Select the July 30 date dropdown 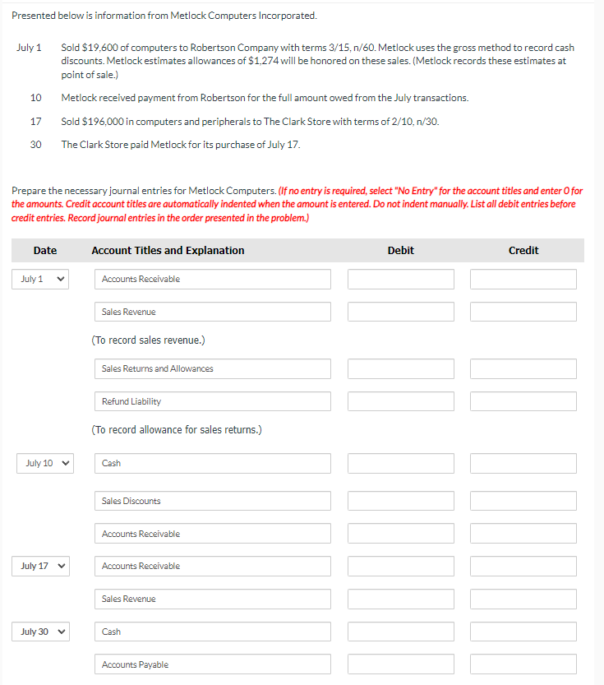[x=44, y=632]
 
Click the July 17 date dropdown [x=44, y=567]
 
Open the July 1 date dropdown [x=40, y=280]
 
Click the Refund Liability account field [x=212, y=401]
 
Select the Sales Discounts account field [x=212, y=501]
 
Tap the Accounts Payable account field [x=212, y=664]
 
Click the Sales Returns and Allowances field [x=212, y=368]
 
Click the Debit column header [x=400, y=251]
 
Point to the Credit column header [x=523, y=251]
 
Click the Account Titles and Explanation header [x=168, y=251]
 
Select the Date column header [x=45, y=251]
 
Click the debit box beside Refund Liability [x=400, y=401]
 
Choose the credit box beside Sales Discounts [x=523, y=501]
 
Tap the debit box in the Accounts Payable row [x=400, y=664]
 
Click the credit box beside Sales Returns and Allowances [x=523, y=368]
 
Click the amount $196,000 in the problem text [x=105, y=122]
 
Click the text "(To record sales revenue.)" [x=149, y=340]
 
